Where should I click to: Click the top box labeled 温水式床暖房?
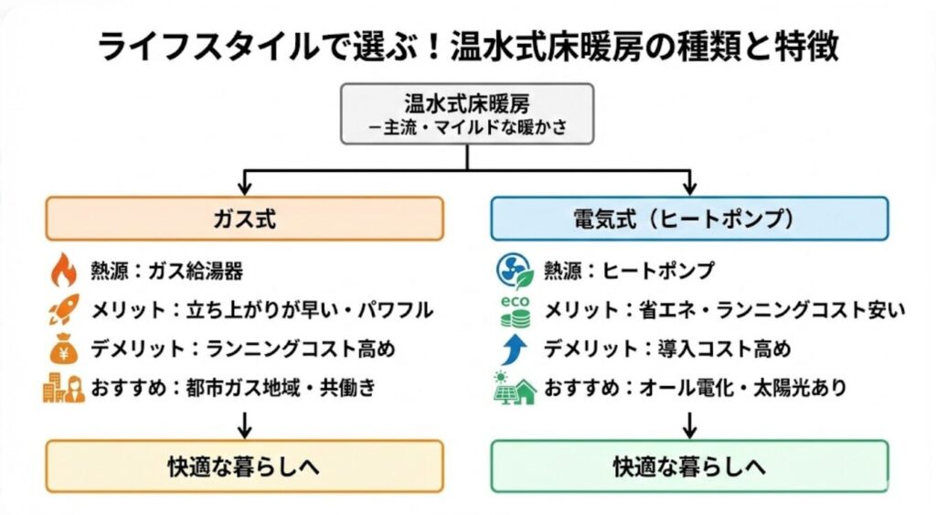coord(467,113)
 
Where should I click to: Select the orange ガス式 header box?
coord(245,220)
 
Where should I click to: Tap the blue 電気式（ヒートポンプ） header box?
coord(689,220)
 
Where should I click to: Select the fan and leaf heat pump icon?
coord(514,271)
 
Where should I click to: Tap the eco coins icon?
coord(514,311)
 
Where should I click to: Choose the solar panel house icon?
coord(514,388)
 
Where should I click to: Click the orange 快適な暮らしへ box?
coord(245,466)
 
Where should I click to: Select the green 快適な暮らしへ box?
coord(689,466)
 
